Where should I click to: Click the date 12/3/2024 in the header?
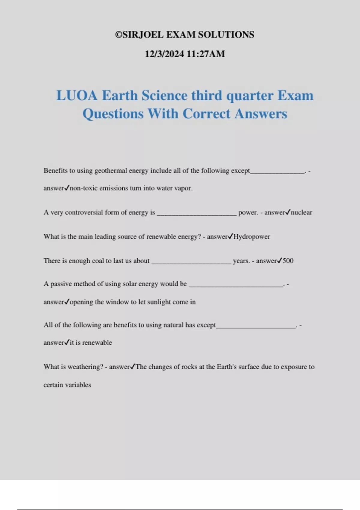[164, 54]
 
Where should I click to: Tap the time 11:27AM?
[205, 54]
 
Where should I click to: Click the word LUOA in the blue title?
[77, 96]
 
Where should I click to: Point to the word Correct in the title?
[206, 114]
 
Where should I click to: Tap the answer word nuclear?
[301, 212]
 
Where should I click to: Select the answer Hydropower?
[252, 237]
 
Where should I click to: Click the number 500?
[288, 261]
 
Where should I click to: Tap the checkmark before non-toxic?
[67, 188]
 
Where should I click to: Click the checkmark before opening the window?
[67, 301]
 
